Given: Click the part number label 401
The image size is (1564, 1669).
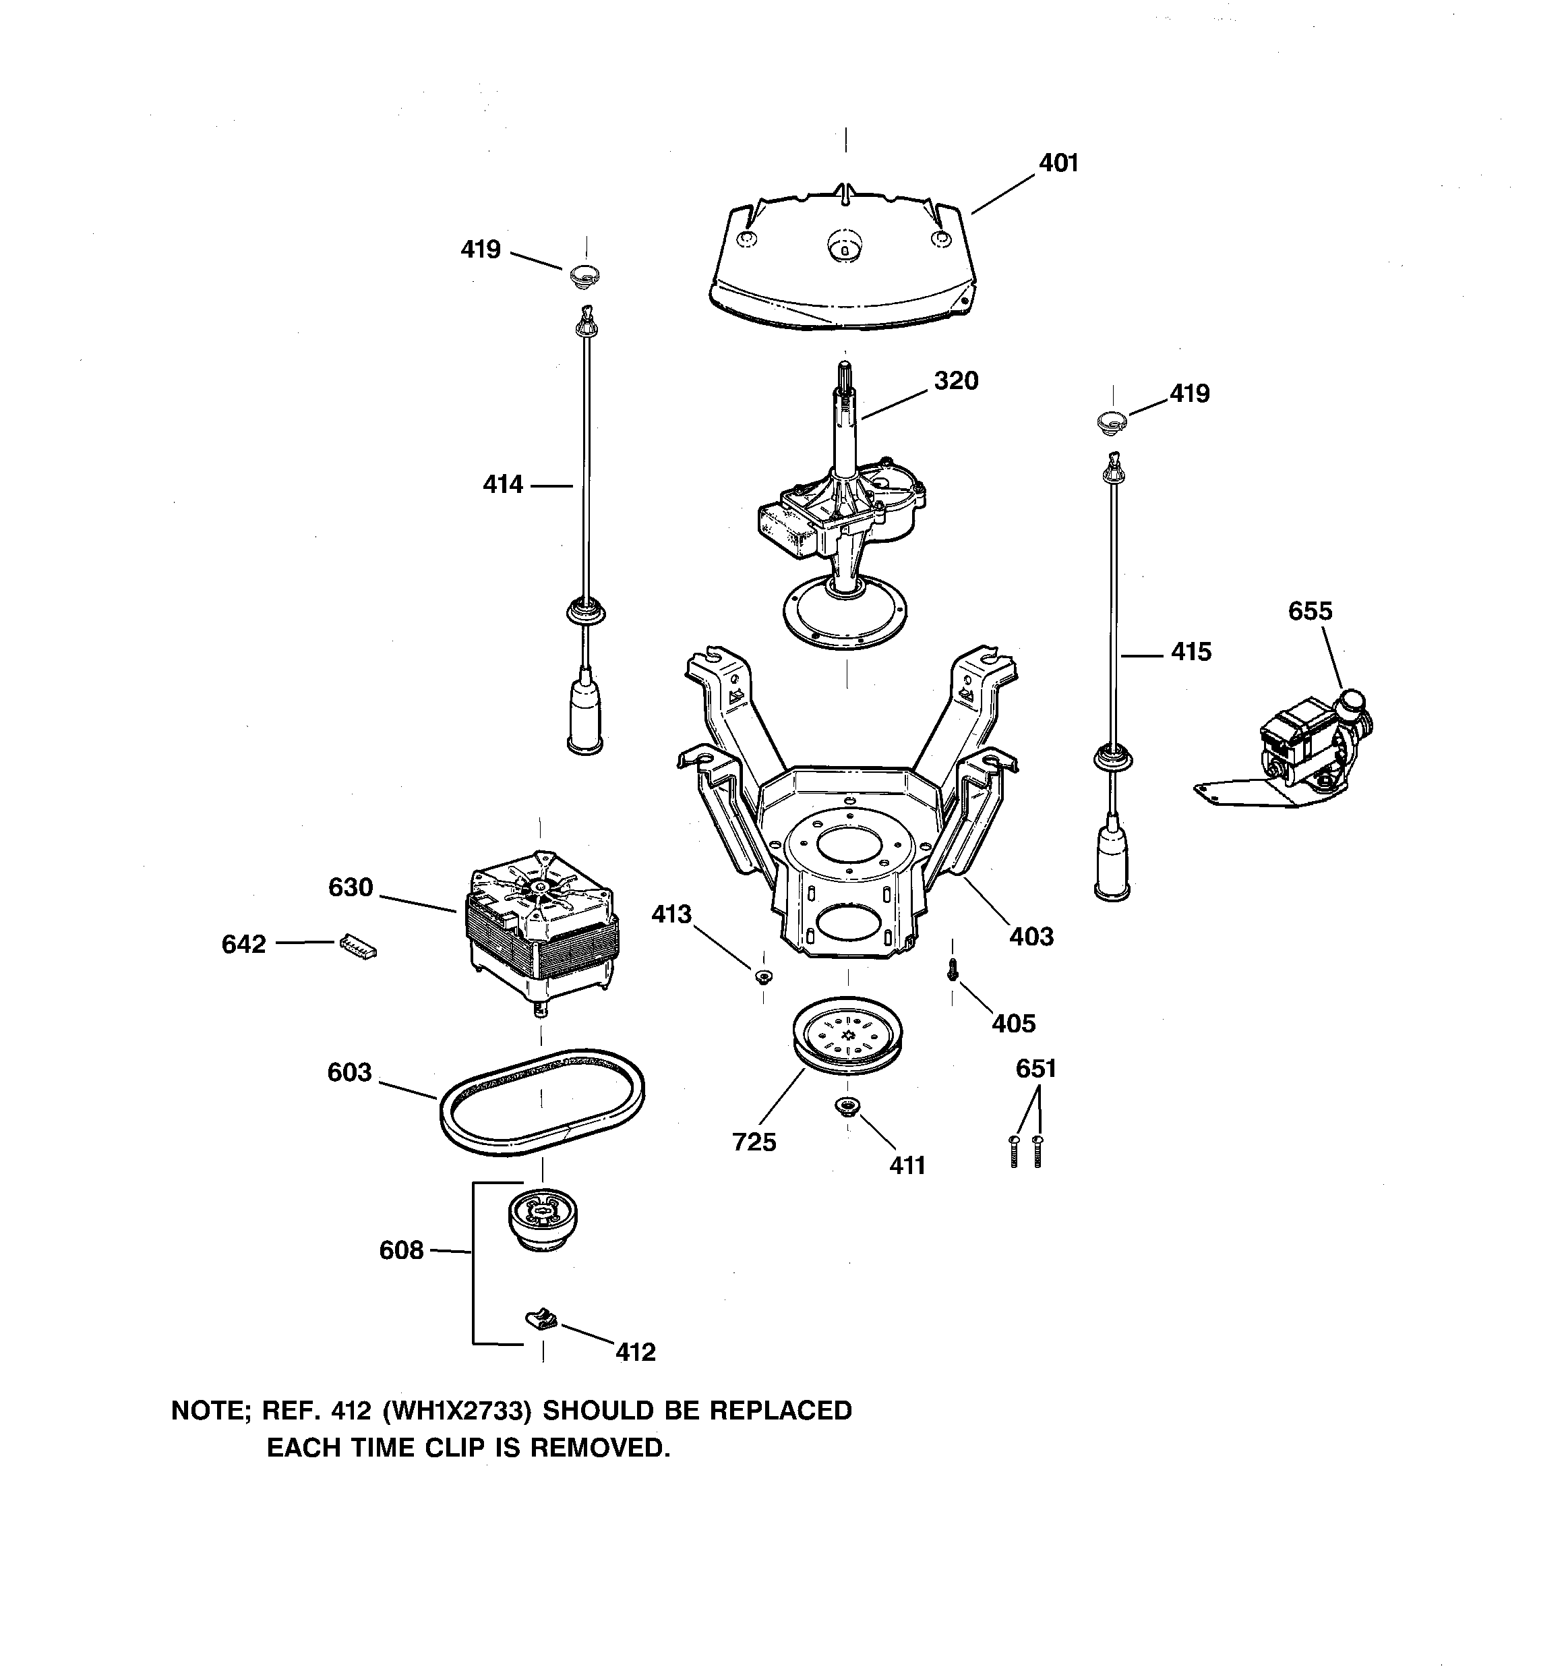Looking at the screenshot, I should pyautogui.click(x=1058, y=163).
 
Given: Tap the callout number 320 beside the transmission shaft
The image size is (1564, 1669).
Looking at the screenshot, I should pyautogui.click(x=955, y=381).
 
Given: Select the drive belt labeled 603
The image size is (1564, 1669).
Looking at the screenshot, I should pyautogui.click(x=542, y=1103).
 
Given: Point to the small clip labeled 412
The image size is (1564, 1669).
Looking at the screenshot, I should pyautogui.click(x=542, y=1319).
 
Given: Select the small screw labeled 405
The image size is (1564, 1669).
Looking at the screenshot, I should pyautogui.click(x=952, y=970).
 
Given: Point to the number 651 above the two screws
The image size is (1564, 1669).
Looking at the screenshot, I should pyautogui.click(x=1035, y=1069).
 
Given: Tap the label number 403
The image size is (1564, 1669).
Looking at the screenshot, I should pyautogui.click(x=1030, y=936).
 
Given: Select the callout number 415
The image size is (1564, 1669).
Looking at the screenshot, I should pyautogui.click(x=1191, y=651).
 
